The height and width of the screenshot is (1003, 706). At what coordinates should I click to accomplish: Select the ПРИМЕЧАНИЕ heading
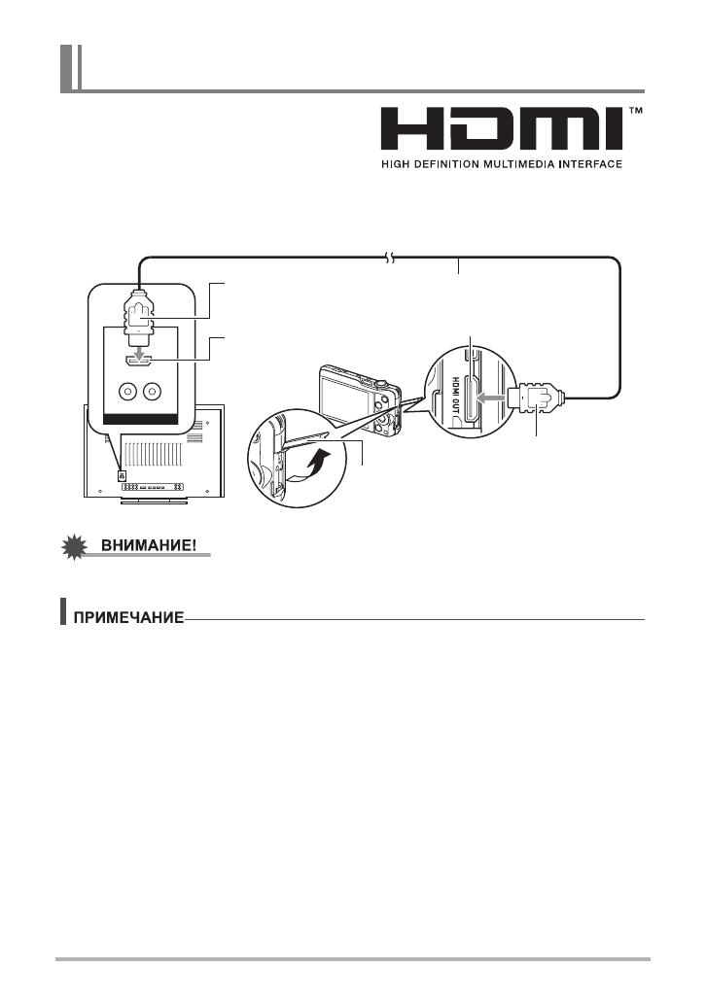click(133, 619)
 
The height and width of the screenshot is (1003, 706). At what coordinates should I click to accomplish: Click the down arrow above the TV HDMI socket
click(139, 345)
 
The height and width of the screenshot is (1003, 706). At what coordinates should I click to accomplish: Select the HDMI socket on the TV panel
click(139, 361)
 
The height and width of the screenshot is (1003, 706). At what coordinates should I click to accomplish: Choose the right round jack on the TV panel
click(151, 392)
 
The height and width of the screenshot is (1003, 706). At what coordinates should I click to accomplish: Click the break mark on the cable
click(390, 259)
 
